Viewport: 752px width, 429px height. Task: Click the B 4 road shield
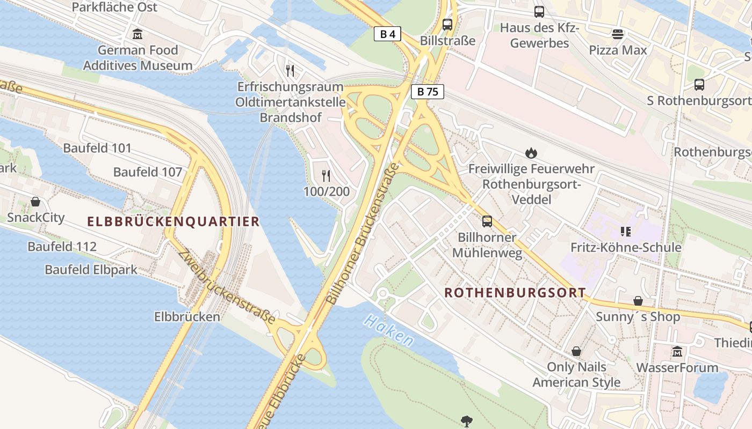pos(387,34)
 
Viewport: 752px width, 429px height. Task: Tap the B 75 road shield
pos(428,92)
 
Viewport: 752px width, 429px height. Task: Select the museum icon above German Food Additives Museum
pos(138,34)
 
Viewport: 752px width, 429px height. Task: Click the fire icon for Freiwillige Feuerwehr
pos(531,153)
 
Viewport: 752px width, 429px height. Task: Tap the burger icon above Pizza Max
pos(618,34)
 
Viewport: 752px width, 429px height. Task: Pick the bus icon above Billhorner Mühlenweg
pos(487,221)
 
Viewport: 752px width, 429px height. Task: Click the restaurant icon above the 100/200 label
pos(326,175)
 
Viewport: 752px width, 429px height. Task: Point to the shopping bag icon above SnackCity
pos(35,202)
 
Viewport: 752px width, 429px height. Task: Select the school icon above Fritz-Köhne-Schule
pos(625,232)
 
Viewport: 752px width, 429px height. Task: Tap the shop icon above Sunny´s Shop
pos(638,301)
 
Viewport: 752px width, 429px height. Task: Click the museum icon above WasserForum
pos(677,352)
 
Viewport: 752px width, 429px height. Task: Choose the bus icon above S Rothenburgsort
pos(699,85)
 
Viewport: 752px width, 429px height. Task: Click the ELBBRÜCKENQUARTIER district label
pos(173,221)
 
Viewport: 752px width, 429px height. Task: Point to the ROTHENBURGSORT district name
pos(515,293)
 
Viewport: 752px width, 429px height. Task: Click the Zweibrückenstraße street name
pos(229,287)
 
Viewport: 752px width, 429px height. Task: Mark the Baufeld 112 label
pos(62,247)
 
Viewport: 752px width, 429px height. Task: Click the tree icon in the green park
pos(466,421)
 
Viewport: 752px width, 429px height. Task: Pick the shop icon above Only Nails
pos(576,351)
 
